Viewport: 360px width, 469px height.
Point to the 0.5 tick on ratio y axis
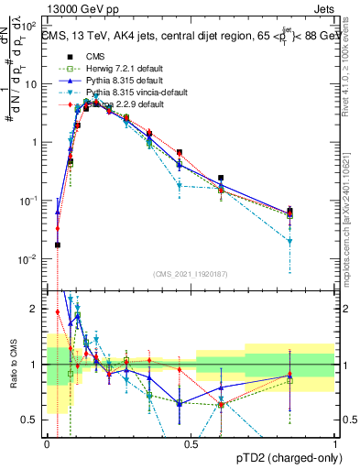coord(32,420)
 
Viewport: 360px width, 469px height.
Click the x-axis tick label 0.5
coord(191,444)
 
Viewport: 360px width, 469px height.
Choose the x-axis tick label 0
coord(48,444)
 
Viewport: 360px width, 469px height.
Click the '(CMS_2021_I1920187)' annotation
coord(191,274)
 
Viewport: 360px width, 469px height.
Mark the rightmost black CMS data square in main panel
coord(289,212)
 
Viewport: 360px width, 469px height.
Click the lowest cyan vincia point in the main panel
coord(289,242)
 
